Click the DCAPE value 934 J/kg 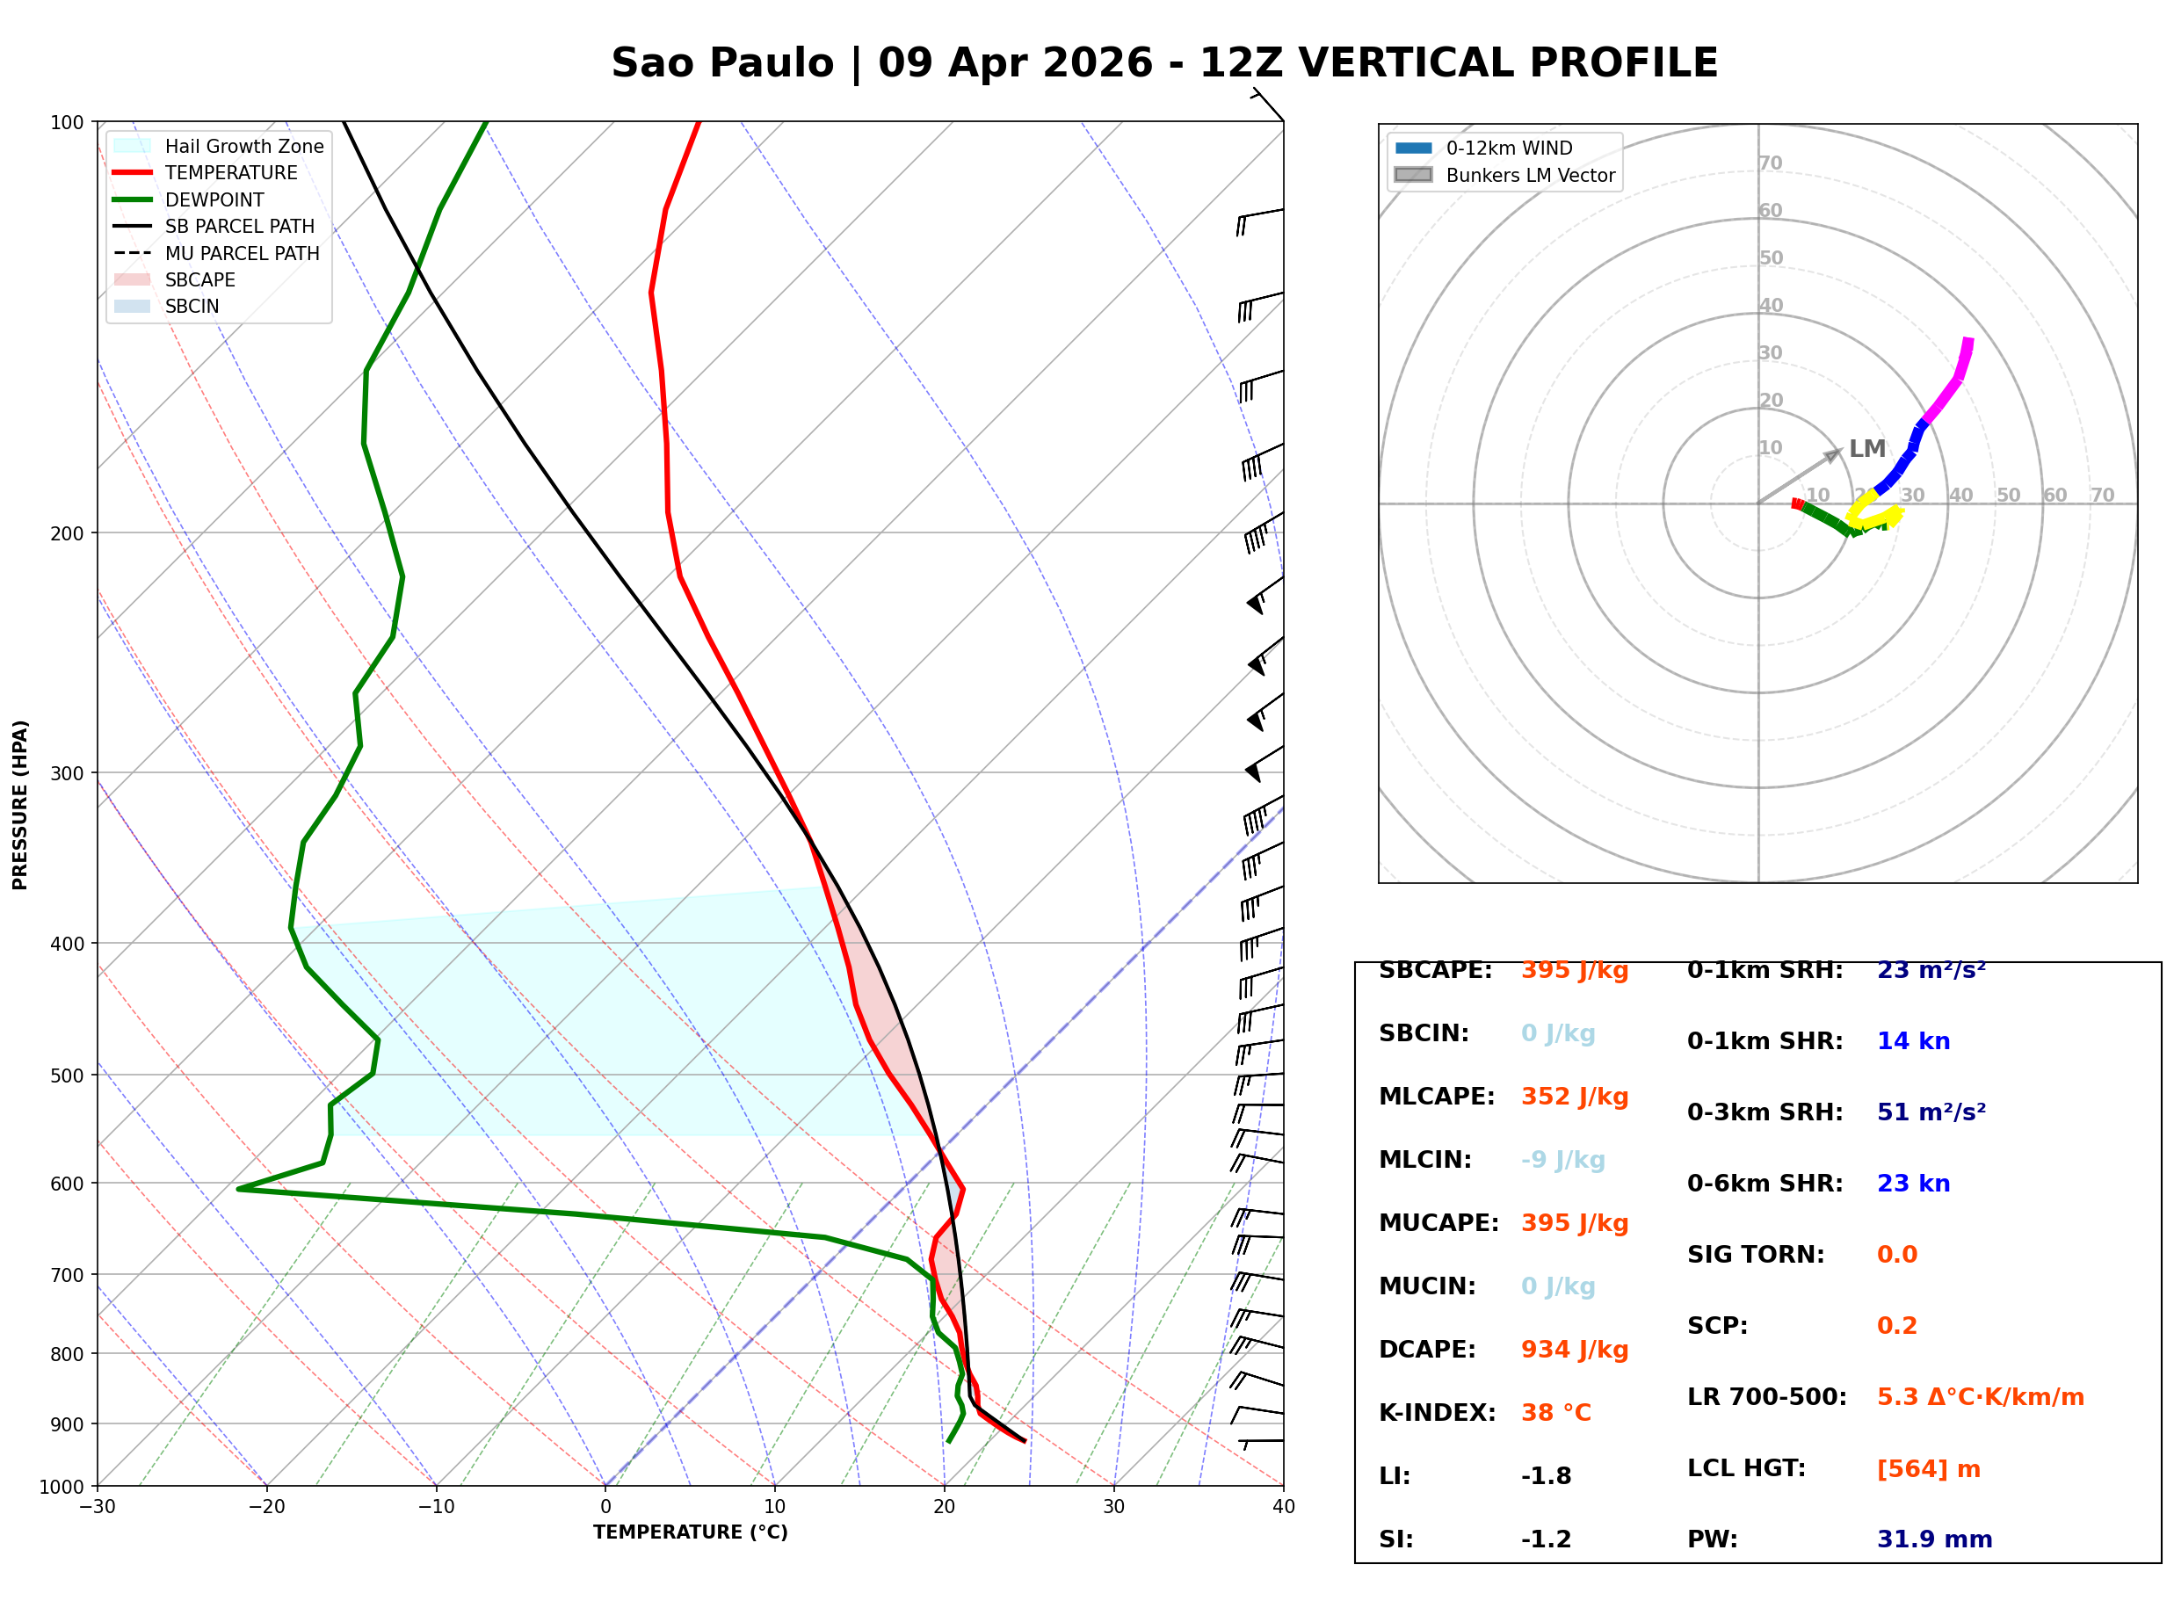tap(1574, 1350)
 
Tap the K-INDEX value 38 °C tap(1555, 1413)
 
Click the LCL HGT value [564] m tap(1928, 1469)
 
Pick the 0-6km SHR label tap(1765, 1184)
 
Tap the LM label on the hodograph tap(1866, 449)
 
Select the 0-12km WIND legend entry tap(1509, 148)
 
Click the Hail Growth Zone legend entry tap(243, 146)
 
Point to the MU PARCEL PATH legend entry tap(242, 253)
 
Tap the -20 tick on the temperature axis tap(265, 1507)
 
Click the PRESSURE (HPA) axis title tap(20, 805)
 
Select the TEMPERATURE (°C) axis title tap(690, 1532)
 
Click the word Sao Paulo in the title tap(722, 63)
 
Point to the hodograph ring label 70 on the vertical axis tap(1770, 163)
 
